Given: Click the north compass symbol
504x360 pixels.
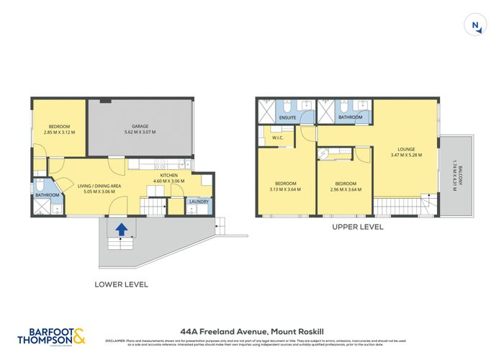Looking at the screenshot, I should click(x=474, y=26).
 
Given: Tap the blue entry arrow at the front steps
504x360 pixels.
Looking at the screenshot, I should click(x=122, y=230).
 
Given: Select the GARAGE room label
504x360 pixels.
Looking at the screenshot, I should click(x=140, y=126).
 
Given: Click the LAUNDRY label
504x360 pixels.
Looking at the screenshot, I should click(x=199, y=202).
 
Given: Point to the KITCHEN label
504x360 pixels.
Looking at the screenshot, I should click(x=168, y=175).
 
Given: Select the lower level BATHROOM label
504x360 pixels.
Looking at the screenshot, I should click(x=48, y=194).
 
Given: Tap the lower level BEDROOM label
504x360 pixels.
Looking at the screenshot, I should click(x=59, y=126).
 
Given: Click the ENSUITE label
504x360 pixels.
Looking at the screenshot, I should click(x=278, y=117).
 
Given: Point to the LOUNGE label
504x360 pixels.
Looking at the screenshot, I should click(x=405, y=149).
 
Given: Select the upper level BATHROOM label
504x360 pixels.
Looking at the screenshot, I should click(x=350, y=117).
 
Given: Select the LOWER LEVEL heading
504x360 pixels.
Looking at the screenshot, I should click(x=122, y=284).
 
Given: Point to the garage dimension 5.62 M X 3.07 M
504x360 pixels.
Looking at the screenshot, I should click(x=140, y=132).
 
